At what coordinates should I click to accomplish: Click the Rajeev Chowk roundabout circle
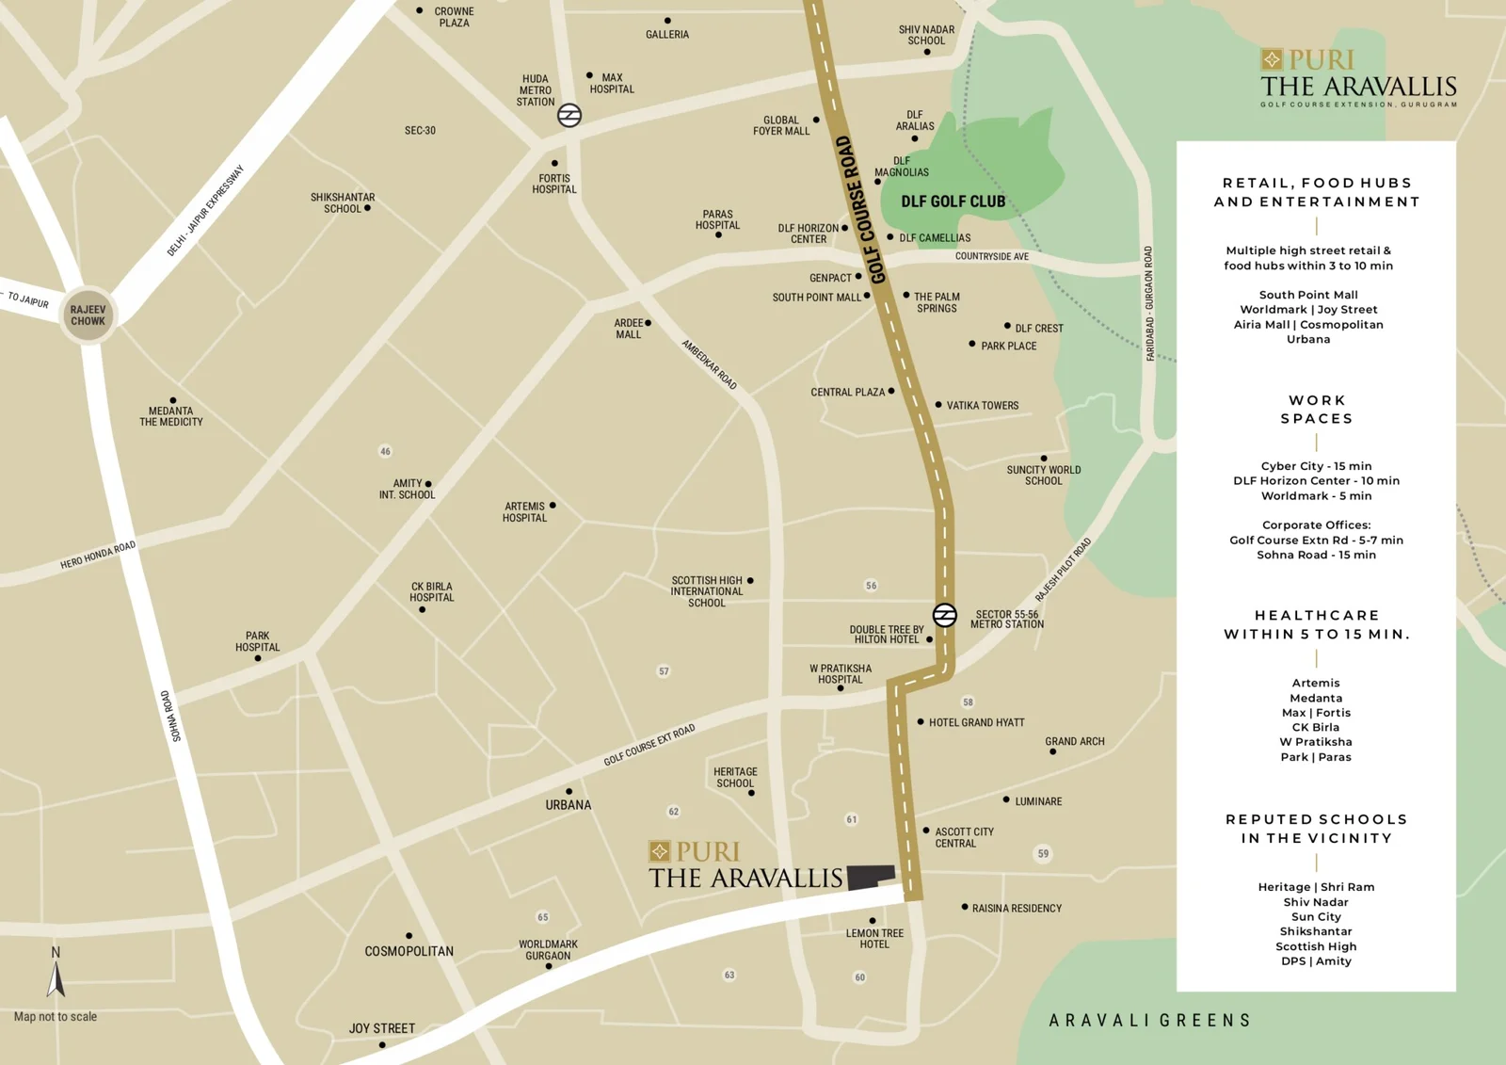[x=88, y=315]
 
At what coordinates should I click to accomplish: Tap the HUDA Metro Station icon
[x=569, y=115]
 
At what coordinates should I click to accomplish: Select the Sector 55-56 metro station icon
[x=944, y=615]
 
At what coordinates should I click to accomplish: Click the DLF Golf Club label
[x=953, y=202]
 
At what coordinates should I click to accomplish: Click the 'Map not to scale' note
[x=56, y=1017]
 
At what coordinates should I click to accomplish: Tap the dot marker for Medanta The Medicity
[x=173, y=400]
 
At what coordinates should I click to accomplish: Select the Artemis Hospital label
[x=524, y=512]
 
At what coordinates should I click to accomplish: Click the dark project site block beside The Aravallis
[x=870, y=877]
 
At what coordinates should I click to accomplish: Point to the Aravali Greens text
[x=1149, y=1021]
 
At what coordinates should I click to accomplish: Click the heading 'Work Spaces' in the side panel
[x=1316, y=410]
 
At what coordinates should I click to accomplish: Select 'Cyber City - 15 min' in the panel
[x=1316, y=466]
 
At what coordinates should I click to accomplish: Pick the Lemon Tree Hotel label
[x=874, y=939]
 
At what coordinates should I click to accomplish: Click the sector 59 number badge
[x=1043, y=854]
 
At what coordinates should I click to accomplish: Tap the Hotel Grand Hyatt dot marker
[x=921, y=722]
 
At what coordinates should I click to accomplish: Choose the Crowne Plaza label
[x=454, y=17]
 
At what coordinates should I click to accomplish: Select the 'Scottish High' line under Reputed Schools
[x=1316, y=946]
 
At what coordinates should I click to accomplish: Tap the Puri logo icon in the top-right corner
[x=1272, y=60]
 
